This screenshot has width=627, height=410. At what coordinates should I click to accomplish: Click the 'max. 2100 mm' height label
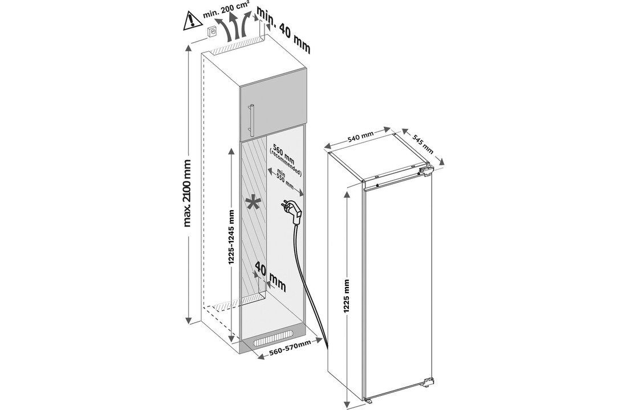(188, 192)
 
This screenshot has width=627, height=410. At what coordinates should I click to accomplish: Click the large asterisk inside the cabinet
(252, 203)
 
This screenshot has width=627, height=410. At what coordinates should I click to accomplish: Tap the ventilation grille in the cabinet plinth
(275, 341)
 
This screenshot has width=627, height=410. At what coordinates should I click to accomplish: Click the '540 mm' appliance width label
(360, 139)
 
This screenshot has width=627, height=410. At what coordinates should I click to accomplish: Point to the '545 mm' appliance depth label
(422, 142)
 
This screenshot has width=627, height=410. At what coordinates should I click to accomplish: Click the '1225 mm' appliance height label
(347, 296)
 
